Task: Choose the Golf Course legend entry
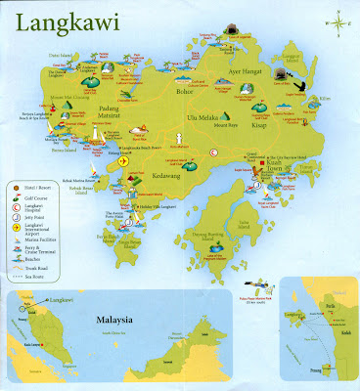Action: pyautogui.click(x=47, y=194)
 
